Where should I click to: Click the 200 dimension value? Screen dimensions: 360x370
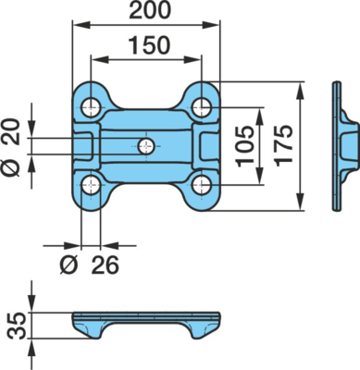pyautogui.click(x=150, y=10)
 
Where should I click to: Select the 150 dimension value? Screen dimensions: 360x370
pyautogui.click(x=150, y=45)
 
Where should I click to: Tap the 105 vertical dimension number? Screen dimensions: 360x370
pyautogui.click(x=245, y=146)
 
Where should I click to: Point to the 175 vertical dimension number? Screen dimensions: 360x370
pyautogui.click(x=283, y=146)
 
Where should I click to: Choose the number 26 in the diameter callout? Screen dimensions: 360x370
pyautogui.click(x=105, y=265)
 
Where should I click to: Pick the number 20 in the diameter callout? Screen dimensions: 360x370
pyautogui.click(x=11, y=131)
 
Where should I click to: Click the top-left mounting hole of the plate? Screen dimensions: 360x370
pyautogui.click(x=91, y=107)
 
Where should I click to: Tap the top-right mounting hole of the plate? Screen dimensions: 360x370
pyautogui.click(x=202, y=107)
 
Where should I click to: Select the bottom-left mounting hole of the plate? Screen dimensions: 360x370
pyautogui.click(x=91, y=185)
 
